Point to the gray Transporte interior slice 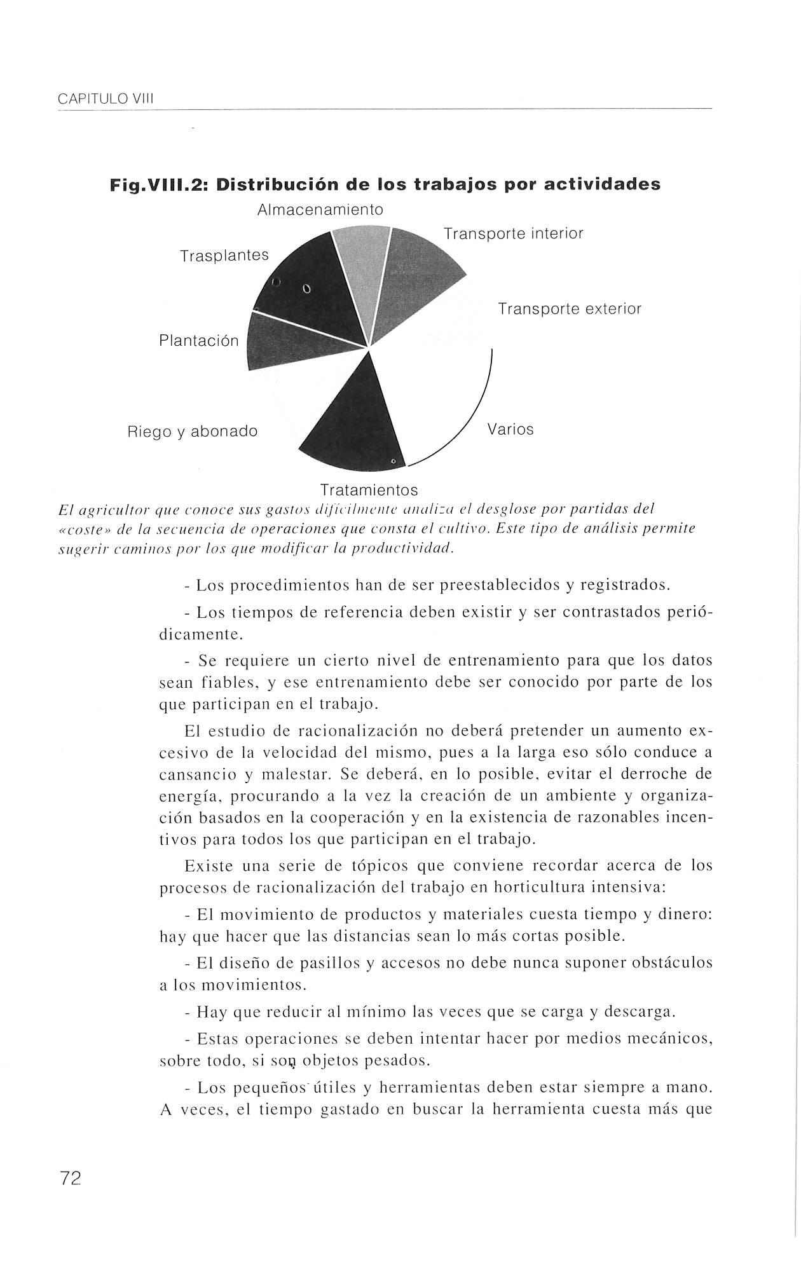point(416,273)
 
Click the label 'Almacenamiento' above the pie point(320,210)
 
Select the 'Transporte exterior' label point(570,310)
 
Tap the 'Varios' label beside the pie point(510,430)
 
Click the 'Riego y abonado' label point(193,432)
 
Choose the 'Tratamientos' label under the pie point(369,490)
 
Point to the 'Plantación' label point(198,341)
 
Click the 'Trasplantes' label point(224,256)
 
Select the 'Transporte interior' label point(513,234)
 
